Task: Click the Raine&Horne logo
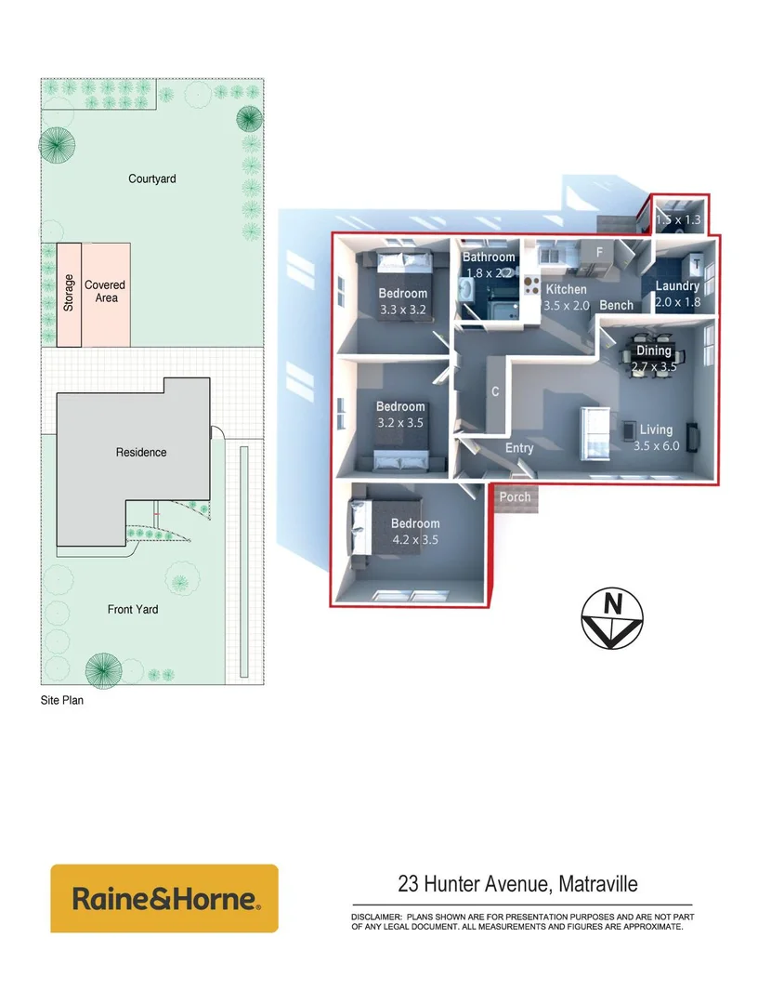163,899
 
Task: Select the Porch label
515,497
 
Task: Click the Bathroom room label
489,258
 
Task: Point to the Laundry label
676,286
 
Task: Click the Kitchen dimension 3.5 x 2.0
566,305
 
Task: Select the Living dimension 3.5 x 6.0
656,445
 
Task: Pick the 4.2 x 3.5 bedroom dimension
415,539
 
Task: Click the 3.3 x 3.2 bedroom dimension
403,310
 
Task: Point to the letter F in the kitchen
600,252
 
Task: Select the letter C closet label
495,392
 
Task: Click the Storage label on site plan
69,293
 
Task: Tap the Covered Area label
105,292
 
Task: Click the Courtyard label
152,178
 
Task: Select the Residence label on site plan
141,453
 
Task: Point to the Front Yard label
133,610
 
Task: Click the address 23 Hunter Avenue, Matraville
517,884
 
